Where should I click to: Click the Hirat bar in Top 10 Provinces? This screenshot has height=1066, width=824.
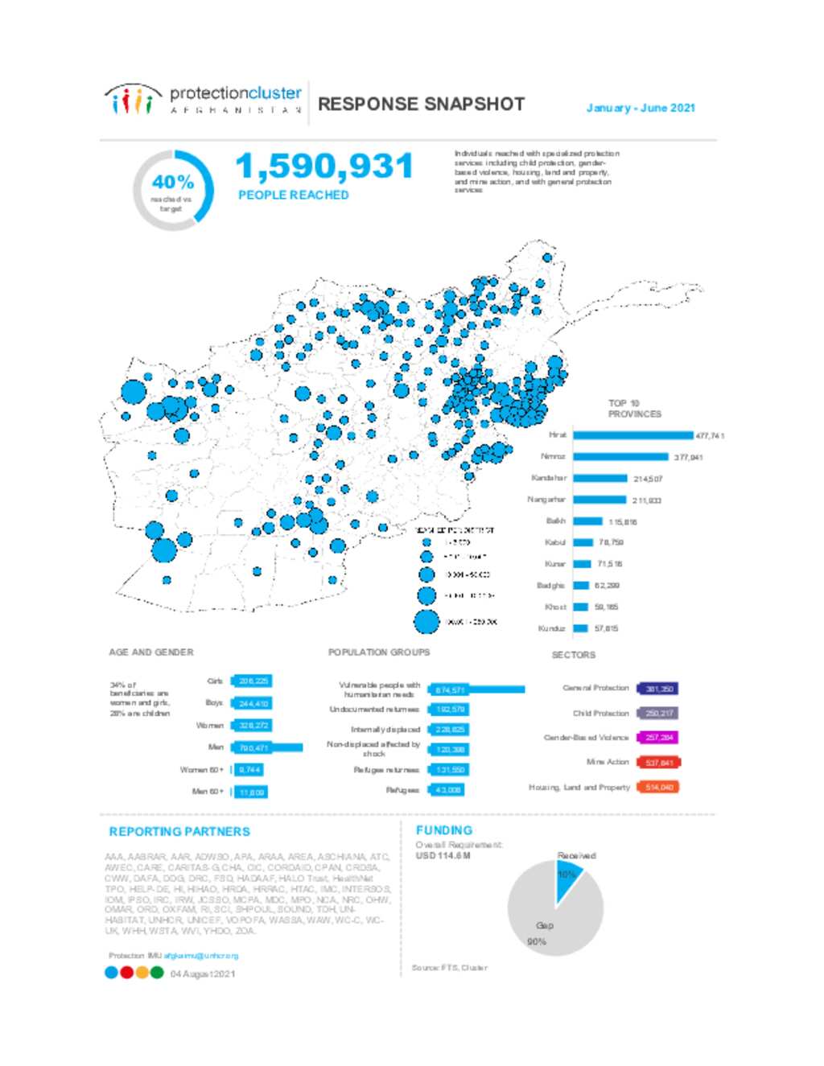tap(632, 435)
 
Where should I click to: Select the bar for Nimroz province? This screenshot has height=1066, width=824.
tap(620, 457)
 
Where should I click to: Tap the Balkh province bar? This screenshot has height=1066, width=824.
tap(587, 521)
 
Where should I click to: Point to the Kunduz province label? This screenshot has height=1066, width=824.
tap(551, 628)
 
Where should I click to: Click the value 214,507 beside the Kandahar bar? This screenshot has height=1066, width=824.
tap(647, 479)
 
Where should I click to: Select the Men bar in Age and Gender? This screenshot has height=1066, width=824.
tap(267, 747)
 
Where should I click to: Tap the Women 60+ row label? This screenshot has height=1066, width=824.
tap(201, 770)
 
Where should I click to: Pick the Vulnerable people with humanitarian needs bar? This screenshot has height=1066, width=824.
tap(476, 689)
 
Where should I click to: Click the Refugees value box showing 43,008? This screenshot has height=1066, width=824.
tap(447, 790)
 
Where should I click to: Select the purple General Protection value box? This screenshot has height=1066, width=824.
tap(658, 689)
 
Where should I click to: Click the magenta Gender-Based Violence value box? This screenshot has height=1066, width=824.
tap(658, 737)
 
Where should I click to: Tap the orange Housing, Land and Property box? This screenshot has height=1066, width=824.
tap(658, 787)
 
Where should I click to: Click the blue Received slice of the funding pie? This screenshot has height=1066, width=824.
tap(566, 877)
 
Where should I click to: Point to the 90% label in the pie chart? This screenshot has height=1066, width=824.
tap(536, 941)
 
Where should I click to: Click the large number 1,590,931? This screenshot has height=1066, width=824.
tap(324, 167)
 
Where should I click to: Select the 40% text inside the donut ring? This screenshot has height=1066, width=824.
tap(173, 182)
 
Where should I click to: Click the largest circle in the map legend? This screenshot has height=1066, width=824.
tap(426, 622)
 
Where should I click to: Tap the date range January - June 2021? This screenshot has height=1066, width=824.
tap(641, 108)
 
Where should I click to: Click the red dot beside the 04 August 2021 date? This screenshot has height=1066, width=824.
tap(126, 973)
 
